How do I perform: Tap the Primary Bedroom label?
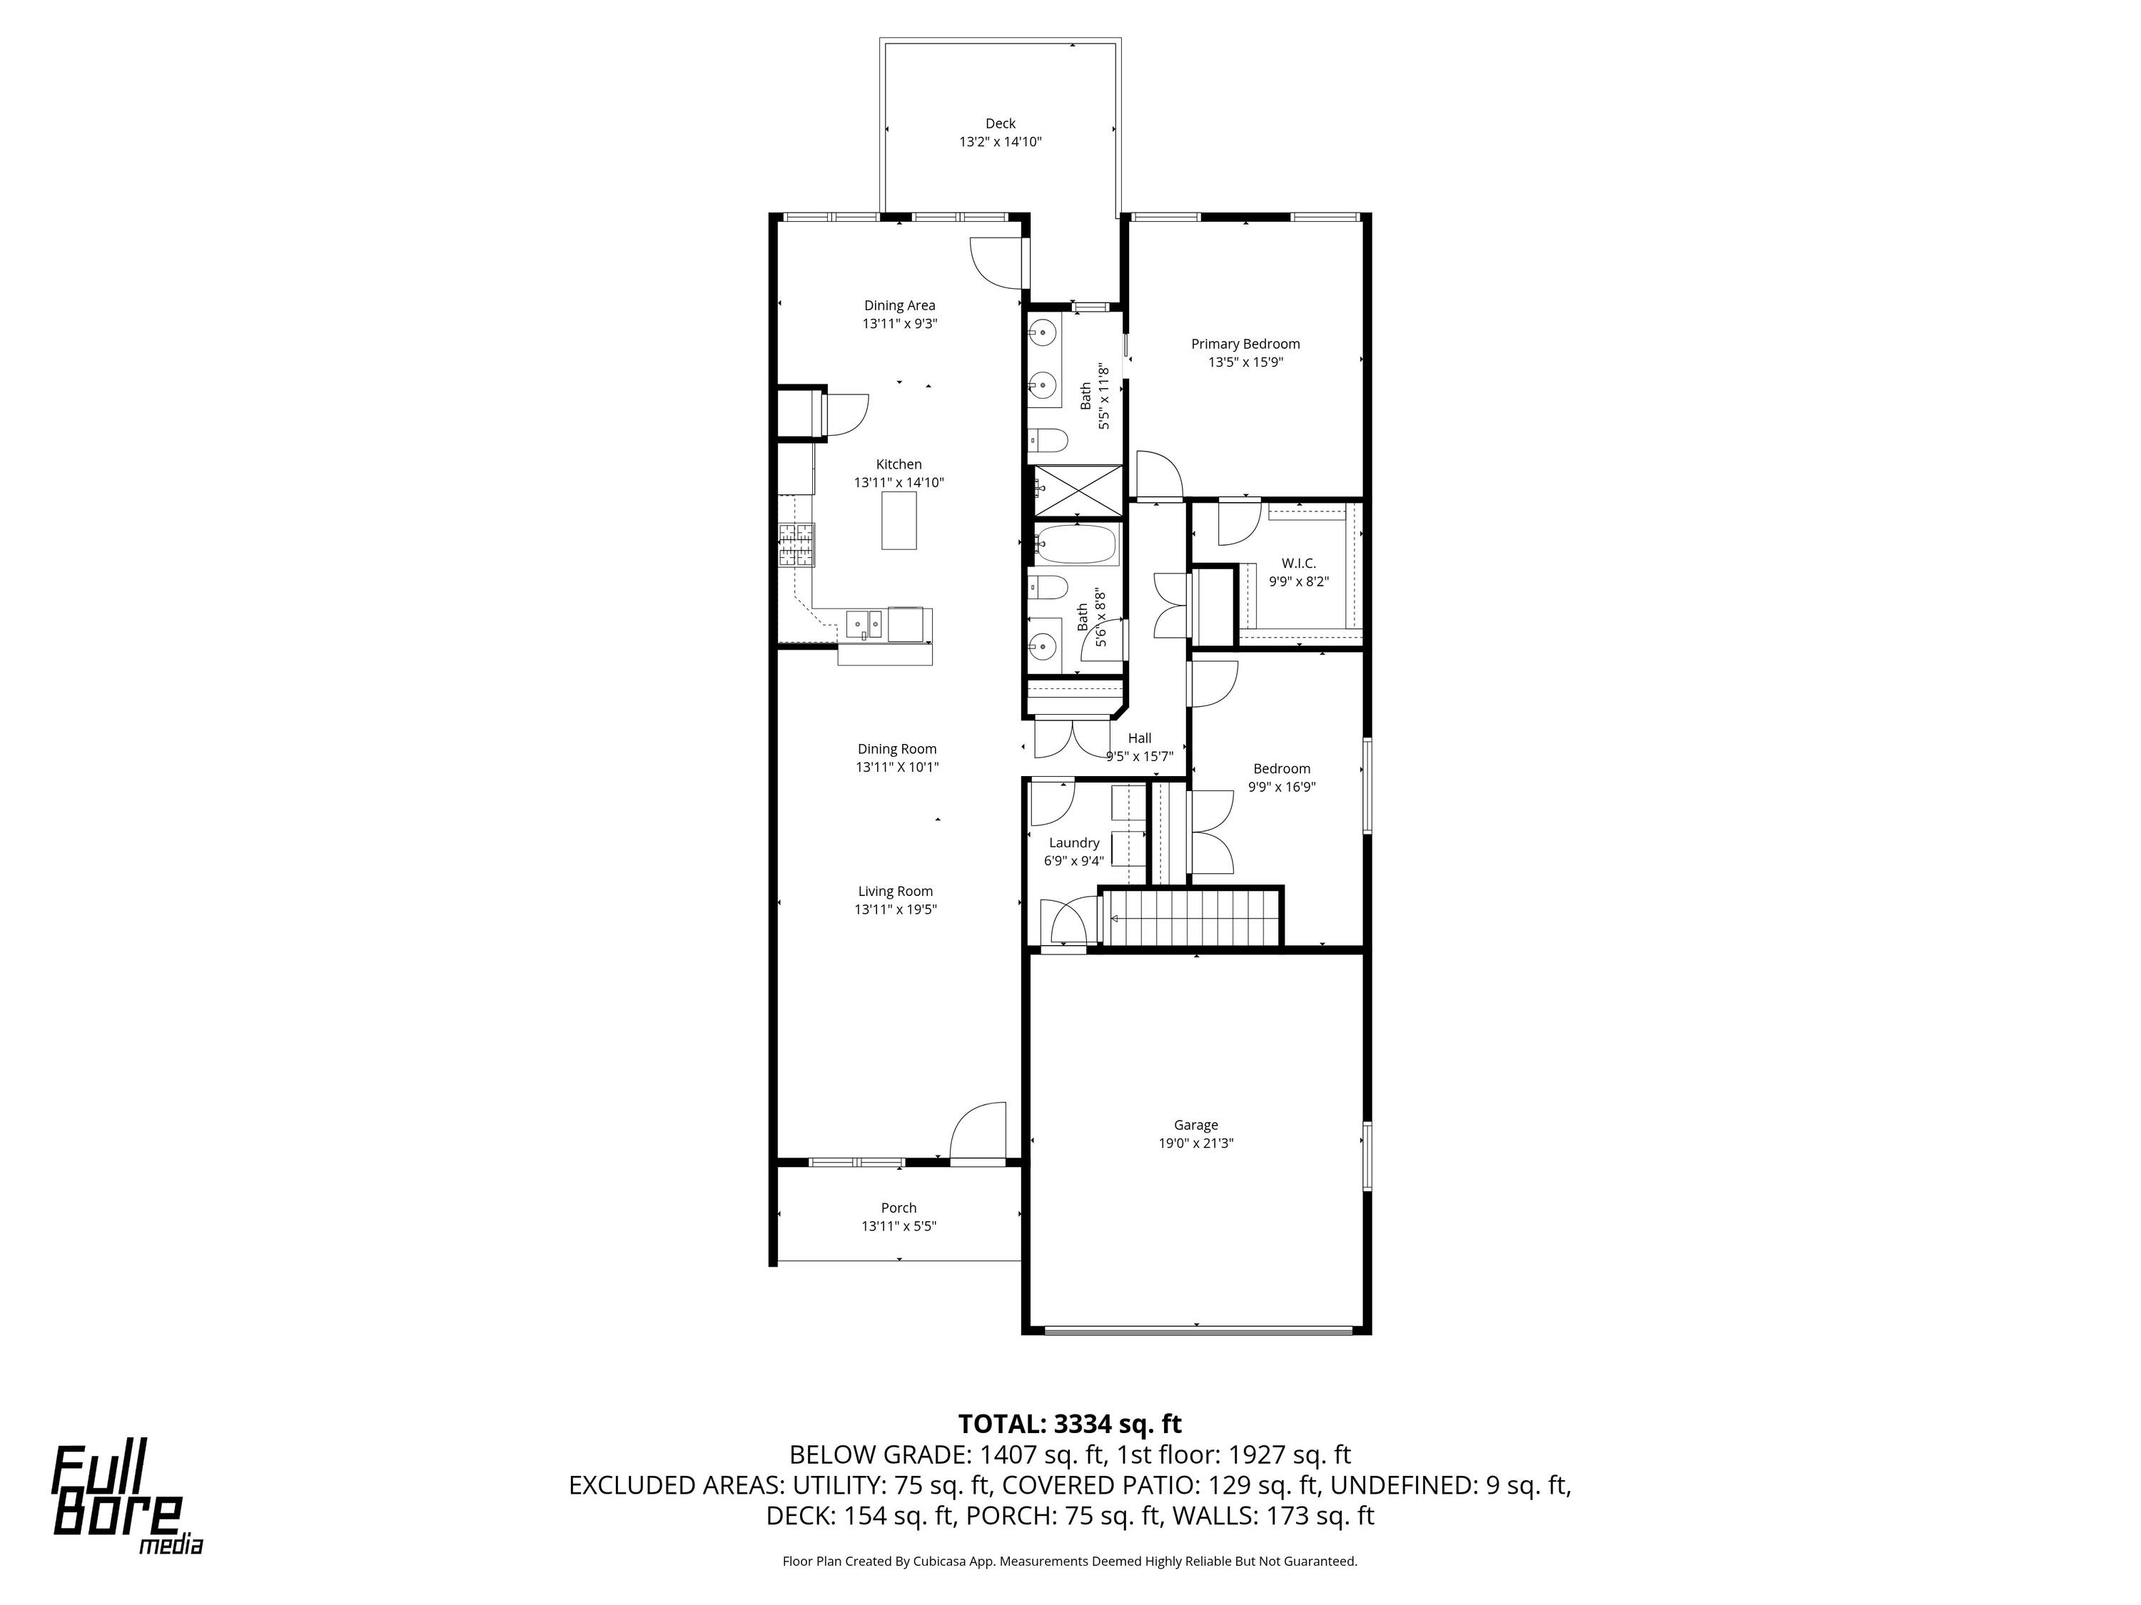click(x=1245, y=343)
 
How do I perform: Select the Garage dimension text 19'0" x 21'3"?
click(x=1195, y=1143)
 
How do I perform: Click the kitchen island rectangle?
click(x=899, y=521)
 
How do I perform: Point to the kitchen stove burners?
click(x=798, y=545)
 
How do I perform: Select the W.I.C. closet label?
click(x=1298, y=563)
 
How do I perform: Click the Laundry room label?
click(x=1073, y=842)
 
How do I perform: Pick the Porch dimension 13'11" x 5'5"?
click(x=899, y=1226)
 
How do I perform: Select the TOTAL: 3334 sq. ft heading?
click(x=1070, y=1423)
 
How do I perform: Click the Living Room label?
click(x=896, y=891)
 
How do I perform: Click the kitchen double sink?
click(x=187, y=624)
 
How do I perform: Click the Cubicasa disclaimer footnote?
click(x=1070, y=1561)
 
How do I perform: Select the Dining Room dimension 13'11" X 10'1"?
click(x=897, y=767)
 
